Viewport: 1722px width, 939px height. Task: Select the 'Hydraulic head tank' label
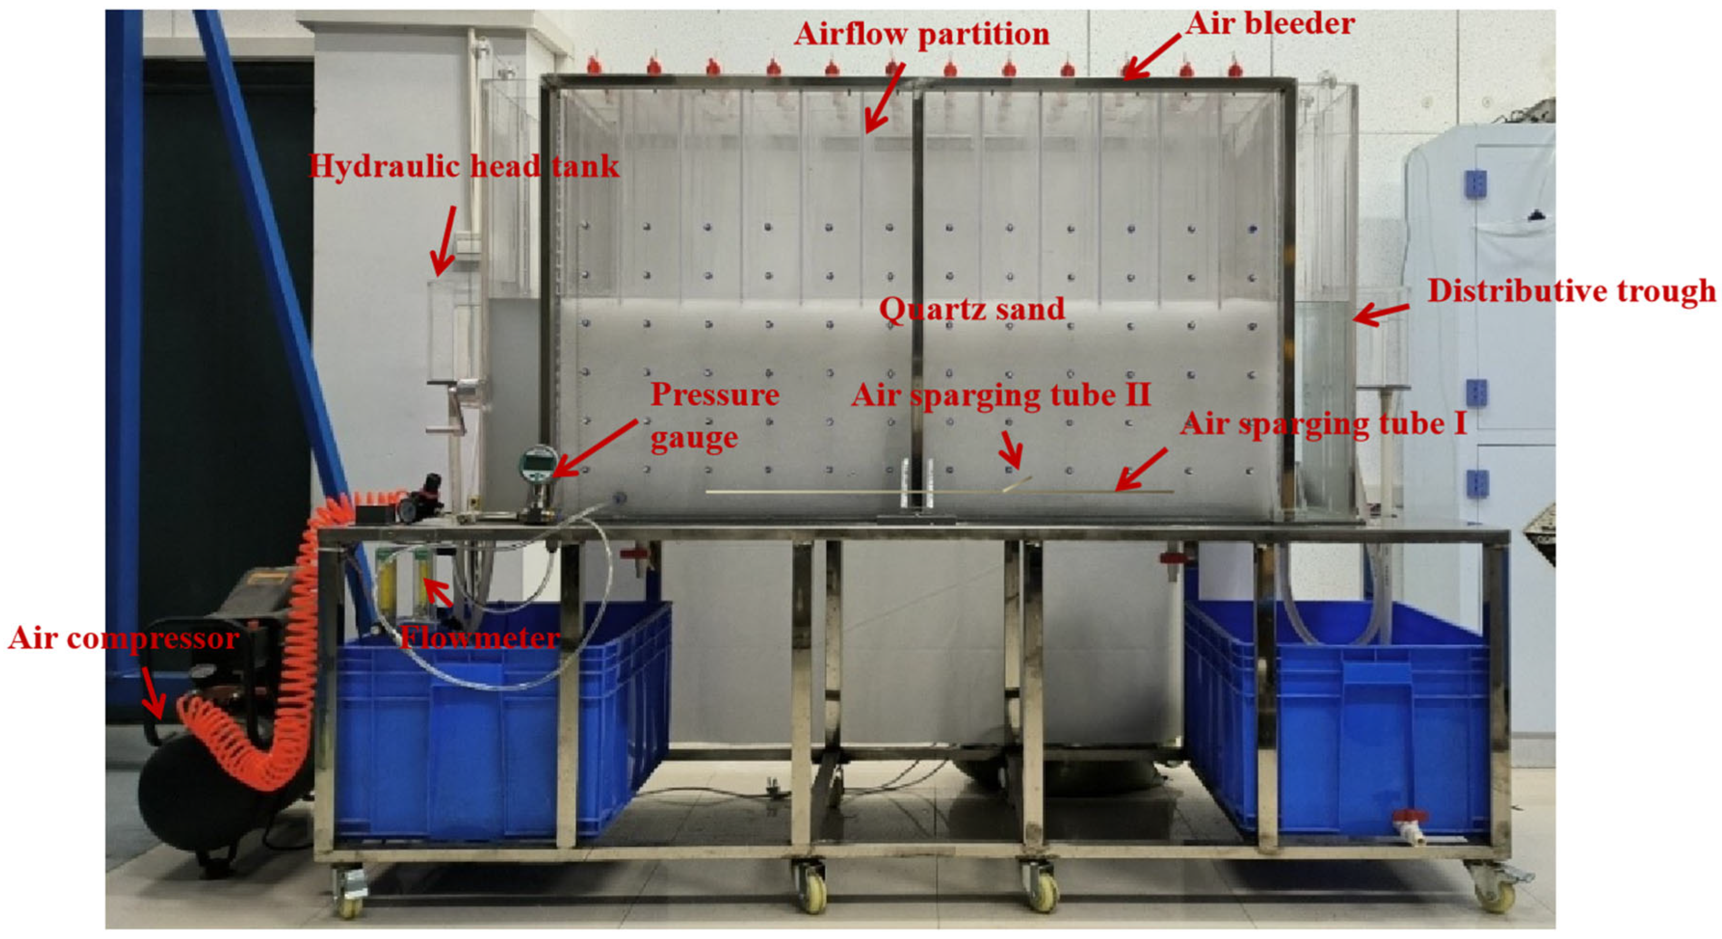[464, 166]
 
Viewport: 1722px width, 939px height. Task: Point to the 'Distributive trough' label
[1571, 292]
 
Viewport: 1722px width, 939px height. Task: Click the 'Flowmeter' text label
[480, 638]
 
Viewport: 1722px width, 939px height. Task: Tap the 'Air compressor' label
[123, 639]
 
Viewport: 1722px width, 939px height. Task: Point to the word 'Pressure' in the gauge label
[715, 395]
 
